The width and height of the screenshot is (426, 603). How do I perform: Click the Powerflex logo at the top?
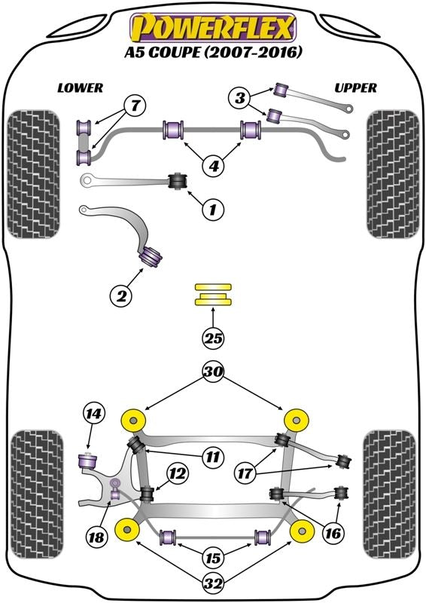click(213, 27)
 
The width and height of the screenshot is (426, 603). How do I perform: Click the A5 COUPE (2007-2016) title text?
click(213, 53)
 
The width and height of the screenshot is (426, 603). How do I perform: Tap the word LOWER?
click(80, 87)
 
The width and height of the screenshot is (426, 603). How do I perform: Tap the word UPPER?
click(355, 87)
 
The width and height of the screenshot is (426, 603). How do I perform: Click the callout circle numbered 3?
click(240, 97)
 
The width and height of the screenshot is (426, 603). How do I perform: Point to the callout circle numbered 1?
click(214, 209)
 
